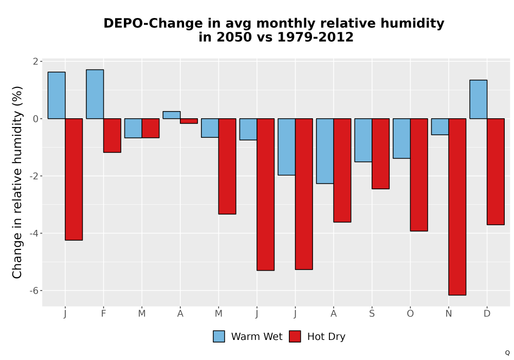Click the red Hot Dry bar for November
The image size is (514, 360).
(x=457, y=207)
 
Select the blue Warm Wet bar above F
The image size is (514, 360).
(x=95, y=94)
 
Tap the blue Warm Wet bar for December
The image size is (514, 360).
(x=478, y=99)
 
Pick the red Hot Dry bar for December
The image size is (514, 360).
(x=495, y=171)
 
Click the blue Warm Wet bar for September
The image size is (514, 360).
(x=363, y=140)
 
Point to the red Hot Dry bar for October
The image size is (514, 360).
(x=419, y=175)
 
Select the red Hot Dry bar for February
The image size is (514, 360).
(x=112, y=135)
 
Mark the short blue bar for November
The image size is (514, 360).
(x=440, y=127)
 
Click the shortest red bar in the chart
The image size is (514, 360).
(x=189, y=121)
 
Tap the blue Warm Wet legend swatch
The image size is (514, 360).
(x=219, y=336)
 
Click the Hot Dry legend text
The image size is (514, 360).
(x=326, y=337)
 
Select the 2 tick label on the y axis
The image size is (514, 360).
(x=35, y=62)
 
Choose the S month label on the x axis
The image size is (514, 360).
(x=372, y=314)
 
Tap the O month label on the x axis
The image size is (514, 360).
(x=410, y=314)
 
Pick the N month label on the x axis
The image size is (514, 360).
(x=448, y=314)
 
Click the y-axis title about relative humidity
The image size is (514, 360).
(x=17, y=182)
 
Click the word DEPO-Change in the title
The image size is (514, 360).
(x=153, y=24)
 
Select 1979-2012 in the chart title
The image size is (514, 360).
(x=316, y=37)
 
